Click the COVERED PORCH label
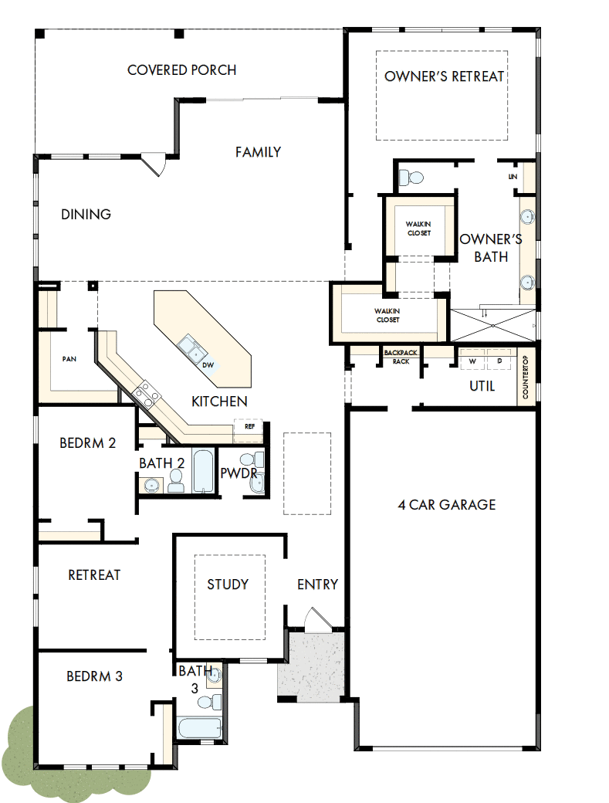(181, 70)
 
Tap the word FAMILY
(258, 152)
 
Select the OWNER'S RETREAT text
(444, 76)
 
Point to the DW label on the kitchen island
(208, 365)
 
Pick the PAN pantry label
(69, 359)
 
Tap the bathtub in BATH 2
(204, 471)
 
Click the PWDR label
(239, 473)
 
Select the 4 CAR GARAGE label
(446, 505)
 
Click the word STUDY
(228, 584)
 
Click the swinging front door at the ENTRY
(316, 618)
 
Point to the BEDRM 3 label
(94, 676)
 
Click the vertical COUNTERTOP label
(525, 378)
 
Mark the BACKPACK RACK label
(401, 357)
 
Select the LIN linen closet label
(513, 177)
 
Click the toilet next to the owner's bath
(411, 178)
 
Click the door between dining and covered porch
(154, 164)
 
